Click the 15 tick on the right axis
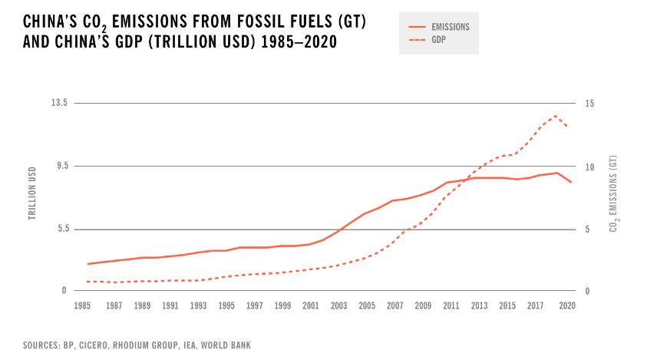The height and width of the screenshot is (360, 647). (590, 104)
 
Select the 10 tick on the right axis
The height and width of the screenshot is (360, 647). (590, 167)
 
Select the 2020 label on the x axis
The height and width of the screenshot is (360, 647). (568, 306)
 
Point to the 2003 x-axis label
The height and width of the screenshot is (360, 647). (338, 306)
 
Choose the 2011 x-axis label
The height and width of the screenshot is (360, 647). (451, 306)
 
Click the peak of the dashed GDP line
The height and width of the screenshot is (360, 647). (556, 116)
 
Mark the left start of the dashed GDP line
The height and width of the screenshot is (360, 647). (87, 282)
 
